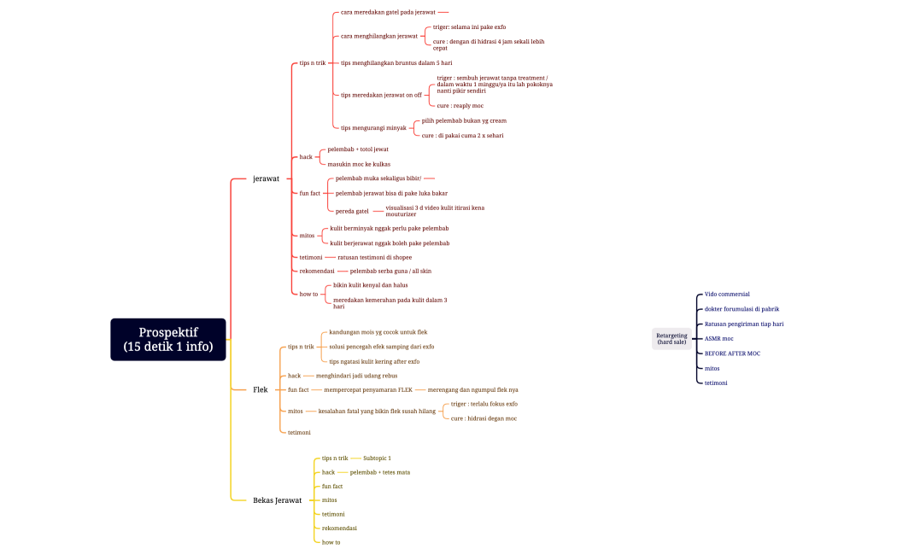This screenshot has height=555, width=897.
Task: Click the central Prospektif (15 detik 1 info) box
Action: pos(167,339)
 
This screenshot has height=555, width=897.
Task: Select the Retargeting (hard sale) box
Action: pos(671,338)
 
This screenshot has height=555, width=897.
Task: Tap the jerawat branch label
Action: pos(266,178)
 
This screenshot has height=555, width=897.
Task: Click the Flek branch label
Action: pos(261,389)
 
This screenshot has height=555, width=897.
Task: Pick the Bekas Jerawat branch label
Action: pos(277,499)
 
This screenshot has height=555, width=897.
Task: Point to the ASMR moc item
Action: pos(718,338)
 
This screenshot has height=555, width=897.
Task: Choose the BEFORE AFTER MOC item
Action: pos(732,353)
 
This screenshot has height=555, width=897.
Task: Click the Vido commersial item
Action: pos(726,294)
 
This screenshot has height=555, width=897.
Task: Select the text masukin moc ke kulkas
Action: pos(359,164)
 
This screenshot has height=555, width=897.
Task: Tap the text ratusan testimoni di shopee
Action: pos(374,257)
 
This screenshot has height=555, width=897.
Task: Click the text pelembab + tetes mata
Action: pos(379,471)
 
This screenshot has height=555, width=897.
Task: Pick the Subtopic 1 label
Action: pos(377,458)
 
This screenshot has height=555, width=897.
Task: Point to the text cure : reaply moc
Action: pos(460,105)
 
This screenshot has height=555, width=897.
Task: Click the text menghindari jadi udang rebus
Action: pos(356,375)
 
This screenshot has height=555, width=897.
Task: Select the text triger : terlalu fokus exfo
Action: pos(484,403)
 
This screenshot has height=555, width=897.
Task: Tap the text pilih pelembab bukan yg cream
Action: pos(464,120)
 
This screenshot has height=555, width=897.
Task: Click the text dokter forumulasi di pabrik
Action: pos(742,308)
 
